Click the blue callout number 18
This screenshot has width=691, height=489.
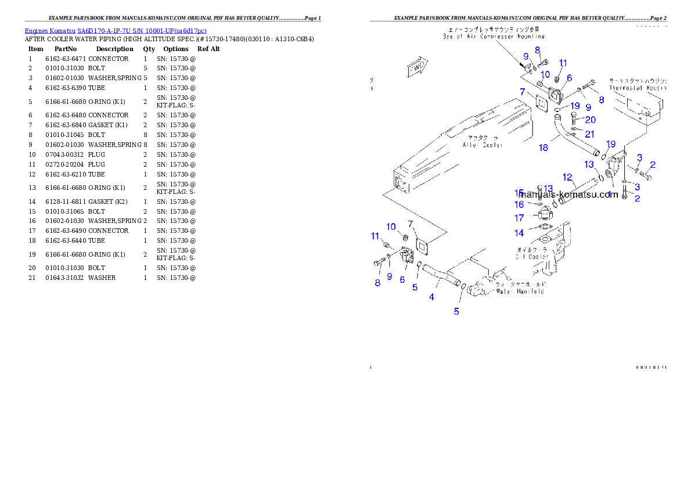click(x=543, y=148)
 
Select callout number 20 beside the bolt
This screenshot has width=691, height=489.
click(x=590, y=120)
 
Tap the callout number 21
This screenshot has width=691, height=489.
click(x=590, y=134)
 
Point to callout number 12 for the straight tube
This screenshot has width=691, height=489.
click(x=567, y=177)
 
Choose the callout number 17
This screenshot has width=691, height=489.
click(x=519, y=218)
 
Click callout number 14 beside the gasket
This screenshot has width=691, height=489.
click(x=519, y=233)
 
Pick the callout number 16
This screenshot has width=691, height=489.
click(x=519, y=204)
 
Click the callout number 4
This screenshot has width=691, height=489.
click(x=431, y=297)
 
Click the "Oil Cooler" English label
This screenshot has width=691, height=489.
click(x=532, y=256)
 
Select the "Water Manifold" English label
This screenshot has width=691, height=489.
click(x=520, y=291)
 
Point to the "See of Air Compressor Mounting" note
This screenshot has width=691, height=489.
click(x=494, y=36)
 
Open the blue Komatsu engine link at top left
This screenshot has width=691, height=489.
click(x=116, y=31)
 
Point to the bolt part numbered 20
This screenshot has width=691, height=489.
click(x=574, y=121)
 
